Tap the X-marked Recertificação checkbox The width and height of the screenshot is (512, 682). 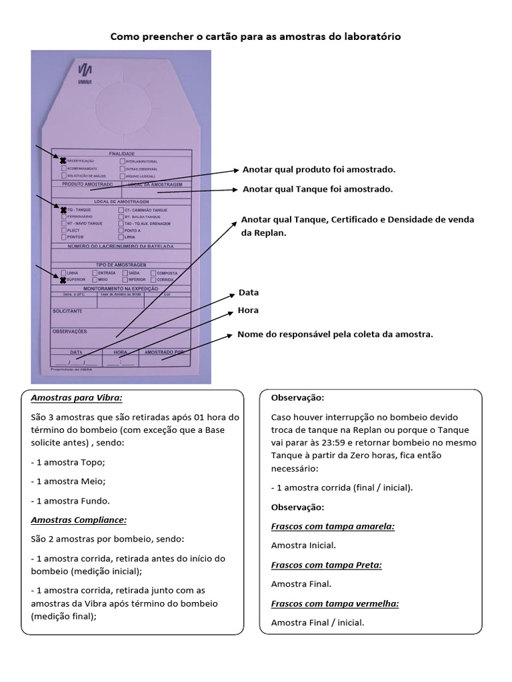(63, 161)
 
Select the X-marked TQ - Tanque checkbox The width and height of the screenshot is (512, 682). (63, 210)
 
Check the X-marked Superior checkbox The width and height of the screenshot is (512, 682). (63, 280)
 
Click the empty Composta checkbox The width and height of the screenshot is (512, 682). (153, 273)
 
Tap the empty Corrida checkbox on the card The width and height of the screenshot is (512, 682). (153, 280)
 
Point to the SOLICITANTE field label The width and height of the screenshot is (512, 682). (67, 311)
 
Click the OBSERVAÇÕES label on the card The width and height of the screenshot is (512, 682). (69, 331)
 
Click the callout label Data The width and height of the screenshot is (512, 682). (248, 292)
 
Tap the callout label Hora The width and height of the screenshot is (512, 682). (248, 310)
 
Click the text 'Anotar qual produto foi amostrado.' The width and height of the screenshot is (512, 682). (319, 170)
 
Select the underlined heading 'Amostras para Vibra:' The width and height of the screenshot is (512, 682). (77, 398)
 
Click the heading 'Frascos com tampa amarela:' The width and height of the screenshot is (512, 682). (333, 526)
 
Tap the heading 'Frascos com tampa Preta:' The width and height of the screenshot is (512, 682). (326, 565)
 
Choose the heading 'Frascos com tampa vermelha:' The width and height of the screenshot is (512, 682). (335, 603)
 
